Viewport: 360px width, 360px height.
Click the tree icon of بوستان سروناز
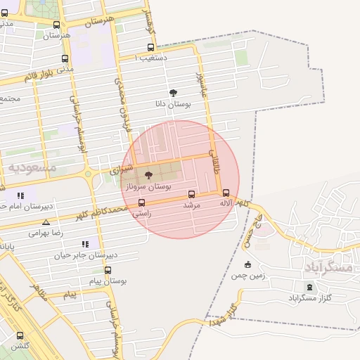pos(148,175)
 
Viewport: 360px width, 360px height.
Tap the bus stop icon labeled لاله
pos(226,193)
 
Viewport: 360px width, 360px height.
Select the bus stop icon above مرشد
pos(191,194)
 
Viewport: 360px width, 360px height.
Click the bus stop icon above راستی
pos(141,203)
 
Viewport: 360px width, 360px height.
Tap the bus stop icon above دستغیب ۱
pos(150,48)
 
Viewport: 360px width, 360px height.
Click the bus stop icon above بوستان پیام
pos(108,270)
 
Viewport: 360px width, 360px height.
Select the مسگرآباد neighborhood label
pos(328,267)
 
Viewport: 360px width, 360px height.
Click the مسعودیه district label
pos(32,167)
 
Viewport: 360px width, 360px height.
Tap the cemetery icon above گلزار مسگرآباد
pos(310,287)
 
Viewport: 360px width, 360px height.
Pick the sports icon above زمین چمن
pos(247,265)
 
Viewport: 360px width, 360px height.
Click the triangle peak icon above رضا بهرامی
pos(46,222)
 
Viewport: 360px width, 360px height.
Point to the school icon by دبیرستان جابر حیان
pos(85,244)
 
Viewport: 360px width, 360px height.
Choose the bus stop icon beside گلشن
pos(19,335)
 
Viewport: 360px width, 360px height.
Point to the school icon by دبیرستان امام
pos(20,195)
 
